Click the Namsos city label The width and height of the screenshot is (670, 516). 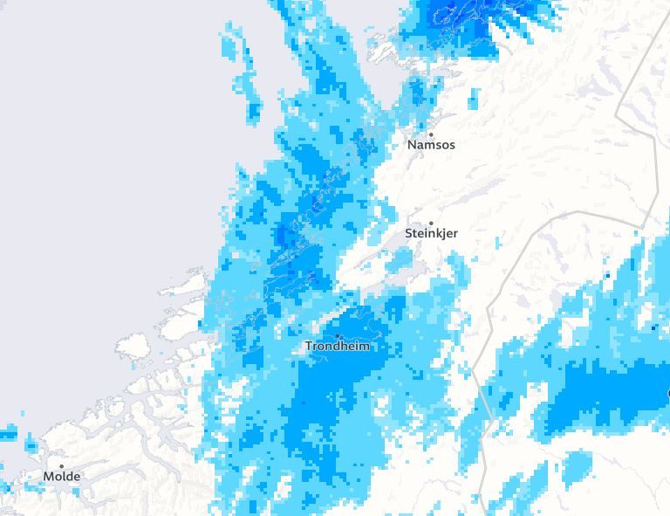(x=431, y=145)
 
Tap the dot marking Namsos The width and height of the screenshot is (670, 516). (x=431, y=134)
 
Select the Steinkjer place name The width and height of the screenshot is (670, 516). (x=431, y=234)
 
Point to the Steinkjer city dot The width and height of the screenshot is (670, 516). (x=431, y=224)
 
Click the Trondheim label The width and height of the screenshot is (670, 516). (x=338, y=347)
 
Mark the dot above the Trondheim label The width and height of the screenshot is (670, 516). (x=338, y=336)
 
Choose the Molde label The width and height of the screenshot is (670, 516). (x=62, y=477)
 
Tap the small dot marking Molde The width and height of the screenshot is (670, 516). (x=62, y=466)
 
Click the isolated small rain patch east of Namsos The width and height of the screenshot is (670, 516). (x=474, y=100)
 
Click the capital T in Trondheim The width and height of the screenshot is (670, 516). (x=309, y=347)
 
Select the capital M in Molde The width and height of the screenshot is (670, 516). (x=49, y=477)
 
